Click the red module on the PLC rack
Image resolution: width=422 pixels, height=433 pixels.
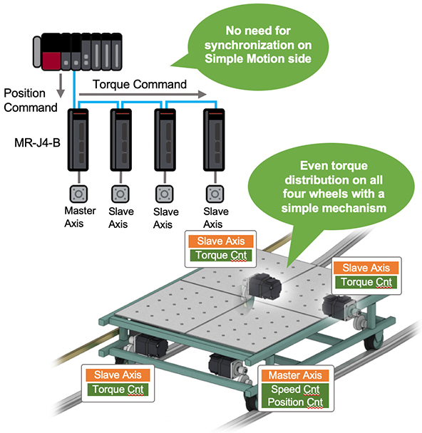click(51, 61)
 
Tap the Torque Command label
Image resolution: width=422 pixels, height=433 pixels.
click(140, 85)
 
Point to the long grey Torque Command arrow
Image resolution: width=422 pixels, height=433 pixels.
click(143, 95)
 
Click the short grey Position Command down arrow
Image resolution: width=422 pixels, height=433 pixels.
click(61, 85)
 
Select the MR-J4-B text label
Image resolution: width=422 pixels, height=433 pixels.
click(37, 143)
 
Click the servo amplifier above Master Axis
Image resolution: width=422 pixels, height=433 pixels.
click(78, 140)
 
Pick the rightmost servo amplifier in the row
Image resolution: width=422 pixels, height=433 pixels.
click(214, 140)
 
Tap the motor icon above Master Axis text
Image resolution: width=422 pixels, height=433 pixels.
click(78, 194)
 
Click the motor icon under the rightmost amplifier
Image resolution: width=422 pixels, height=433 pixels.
click(215, 194)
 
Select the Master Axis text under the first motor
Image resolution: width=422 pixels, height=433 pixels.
click(80, 217)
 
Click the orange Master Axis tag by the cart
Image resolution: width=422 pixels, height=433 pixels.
click(295, 375)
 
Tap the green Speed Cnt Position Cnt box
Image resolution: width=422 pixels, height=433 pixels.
click(295, 395)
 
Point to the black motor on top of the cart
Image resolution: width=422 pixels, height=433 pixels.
click(264, 286)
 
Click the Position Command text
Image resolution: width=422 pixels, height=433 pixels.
click(31, 100)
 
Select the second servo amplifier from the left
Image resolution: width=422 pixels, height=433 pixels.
click(120, 140)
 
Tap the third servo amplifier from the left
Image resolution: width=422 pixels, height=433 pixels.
click(165, 140)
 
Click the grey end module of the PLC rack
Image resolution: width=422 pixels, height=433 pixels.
click(37, 52)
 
